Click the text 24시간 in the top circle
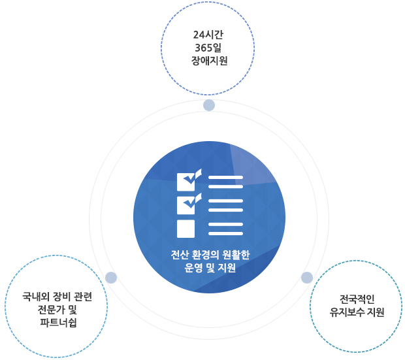pyautogui.click(x=208, y=35)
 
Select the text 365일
pyautogui.click(x=208, y=48)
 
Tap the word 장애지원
pyautogui.click(x=209, y=61)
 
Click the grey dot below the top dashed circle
pyautogui.click(x=209, y=105)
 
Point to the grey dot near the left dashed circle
pyautogui.click(x=111, y=278)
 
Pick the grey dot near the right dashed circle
pyautogui.click(x=307, y=278)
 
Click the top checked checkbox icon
pyautogui.click(x=189, y=180)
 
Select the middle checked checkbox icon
pyautogui.click(x=189, y=204)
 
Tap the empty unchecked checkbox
pyautogui.click(x=186, y=229)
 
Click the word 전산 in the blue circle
pyautogui.click(x=180, y=255)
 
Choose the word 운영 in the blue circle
pyautogui.click(x=193, y=268)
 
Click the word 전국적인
pyautogui.click(x=357, y=299)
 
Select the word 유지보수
pyautogui.click(x=347, y=312)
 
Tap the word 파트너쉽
pyautogui.click(x=58, y=322)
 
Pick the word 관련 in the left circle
pyautogui.click(x=83, y=297)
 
